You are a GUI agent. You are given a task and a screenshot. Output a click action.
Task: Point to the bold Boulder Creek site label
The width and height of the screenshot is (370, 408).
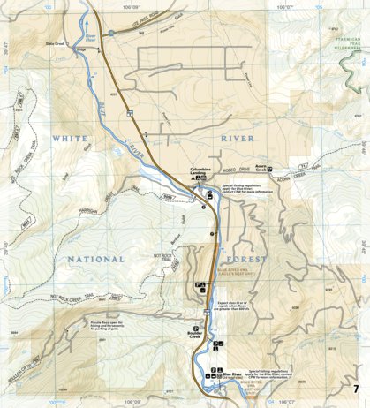[195, 336]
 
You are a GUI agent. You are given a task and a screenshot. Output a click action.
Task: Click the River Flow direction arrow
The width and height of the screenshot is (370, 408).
[89, 38]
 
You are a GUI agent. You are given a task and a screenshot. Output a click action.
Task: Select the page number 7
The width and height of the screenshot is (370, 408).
[356, 390]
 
